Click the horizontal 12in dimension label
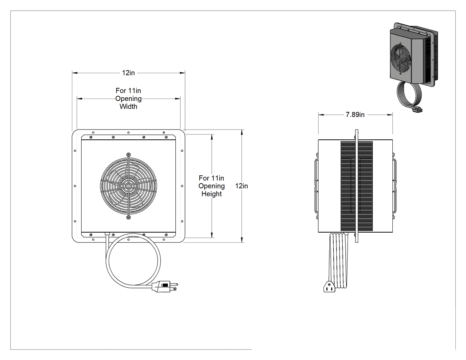[128, 73]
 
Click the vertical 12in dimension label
[241, 186]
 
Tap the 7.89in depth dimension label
[355, 115]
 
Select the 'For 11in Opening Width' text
[128, 99]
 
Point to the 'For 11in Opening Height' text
[212, 186]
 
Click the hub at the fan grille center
[128, 186]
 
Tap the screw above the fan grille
[128, 154]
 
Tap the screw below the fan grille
[128, 218]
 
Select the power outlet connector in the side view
[329, 287]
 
